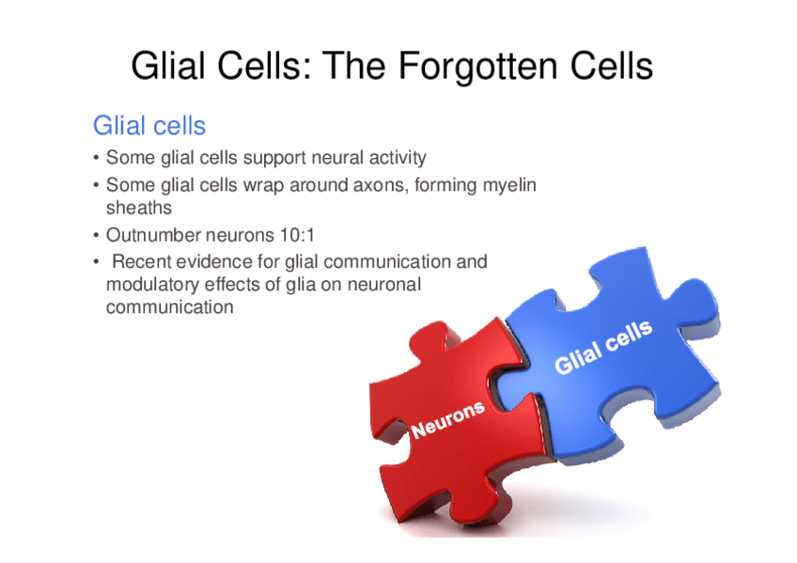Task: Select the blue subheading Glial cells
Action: [148, 126]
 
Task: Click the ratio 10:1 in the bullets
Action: [297, 235]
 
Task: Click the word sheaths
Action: [139, 208]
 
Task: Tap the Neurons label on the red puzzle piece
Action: [447, 419]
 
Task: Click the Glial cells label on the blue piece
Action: [603, 348]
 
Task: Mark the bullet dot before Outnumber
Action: [96, 236]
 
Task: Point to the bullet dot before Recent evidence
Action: [96, 262]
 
